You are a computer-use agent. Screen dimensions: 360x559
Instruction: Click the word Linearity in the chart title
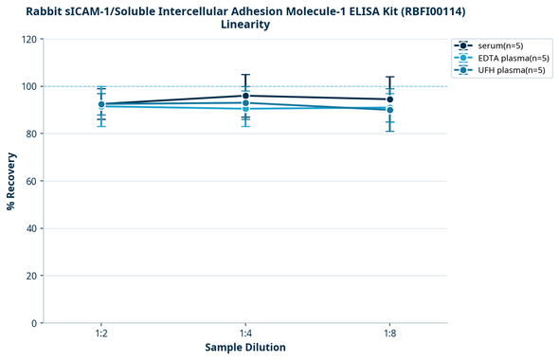point(244,25)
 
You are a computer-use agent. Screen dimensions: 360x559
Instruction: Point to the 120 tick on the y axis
point(28,40)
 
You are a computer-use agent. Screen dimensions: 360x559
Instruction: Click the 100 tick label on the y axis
point(28,87)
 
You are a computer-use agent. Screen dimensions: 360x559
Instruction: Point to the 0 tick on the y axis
point(34,323)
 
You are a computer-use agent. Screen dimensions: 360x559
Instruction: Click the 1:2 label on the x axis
point(100,333)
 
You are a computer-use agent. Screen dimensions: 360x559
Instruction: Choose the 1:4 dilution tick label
point(245,333)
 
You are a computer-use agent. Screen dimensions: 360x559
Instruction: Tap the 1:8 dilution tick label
point(389,333)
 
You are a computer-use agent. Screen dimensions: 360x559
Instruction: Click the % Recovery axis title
point(11,180)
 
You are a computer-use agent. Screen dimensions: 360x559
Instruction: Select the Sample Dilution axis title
point(245,348)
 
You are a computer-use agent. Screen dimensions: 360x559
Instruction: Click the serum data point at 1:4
point(245,96)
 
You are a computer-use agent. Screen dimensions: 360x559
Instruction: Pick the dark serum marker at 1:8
point(389,99)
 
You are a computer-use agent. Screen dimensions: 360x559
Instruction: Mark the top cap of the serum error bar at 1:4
point(245,75)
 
